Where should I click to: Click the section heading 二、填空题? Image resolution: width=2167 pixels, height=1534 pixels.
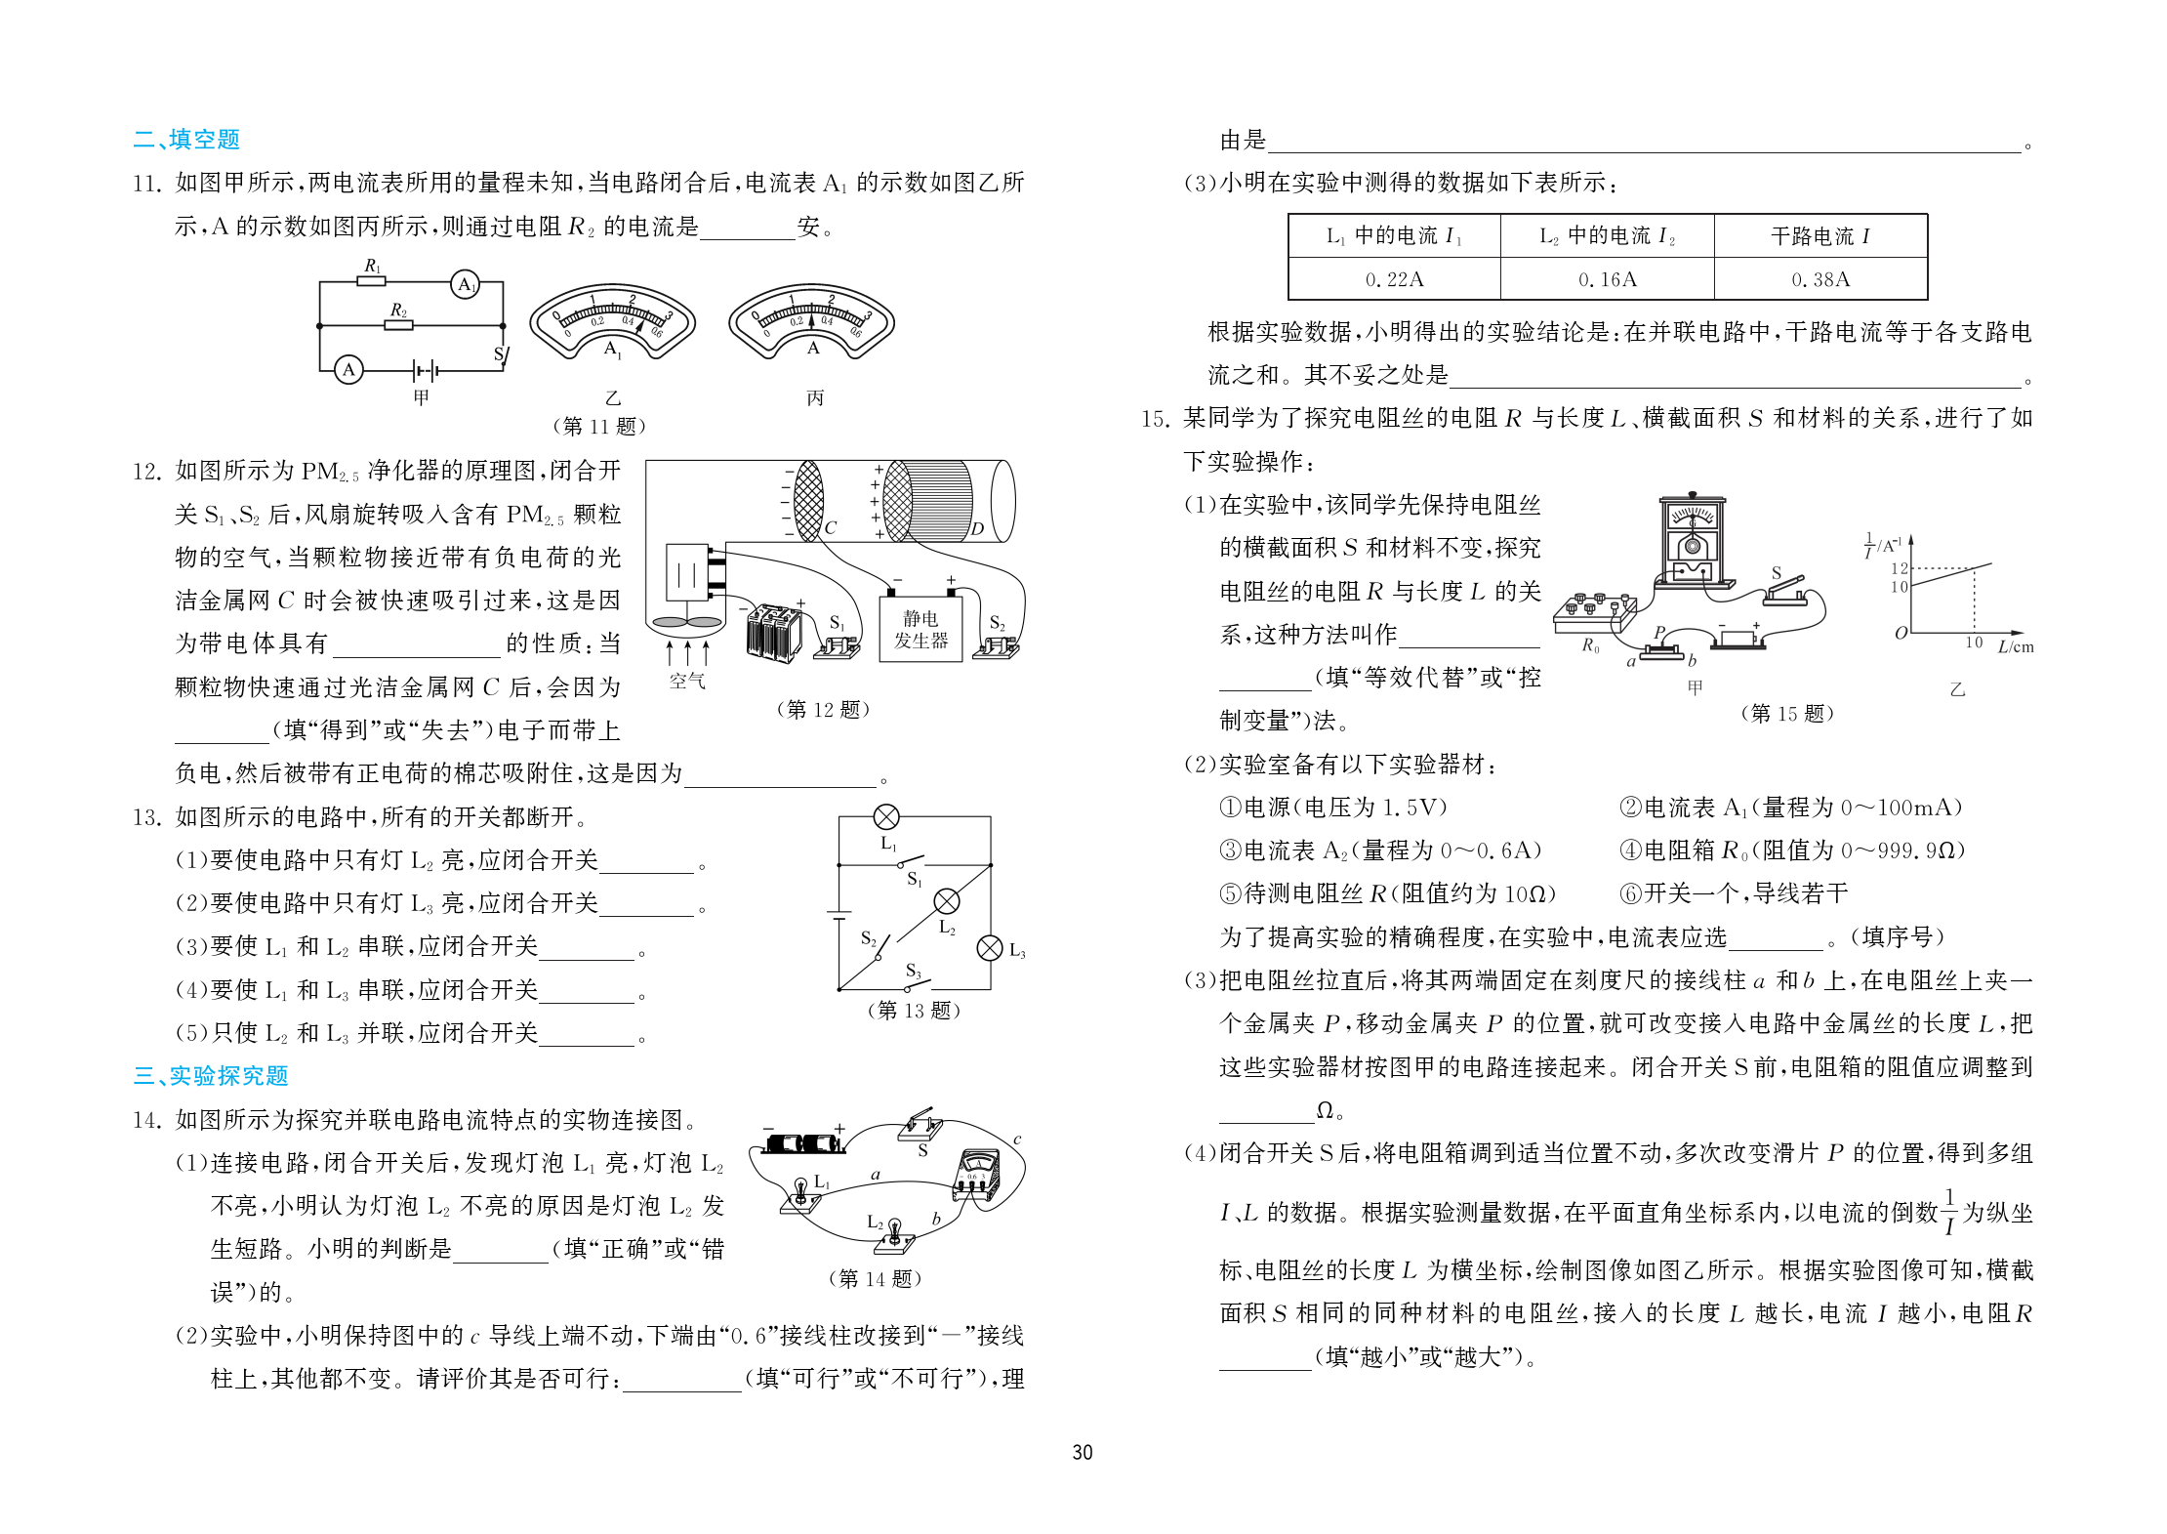186,140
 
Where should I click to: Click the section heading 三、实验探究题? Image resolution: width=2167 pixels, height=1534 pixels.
211,1076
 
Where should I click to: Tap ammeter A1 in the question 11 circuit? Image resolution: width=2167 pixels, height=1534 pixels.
466,284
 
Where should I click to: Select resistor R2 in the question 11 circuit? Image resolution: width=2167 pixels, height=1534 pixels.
398,324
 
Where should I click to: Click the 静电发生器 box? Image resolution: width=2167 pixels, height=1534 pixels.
920,630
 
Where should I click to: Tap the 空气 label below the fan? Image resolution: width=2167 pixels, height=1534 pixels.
687,681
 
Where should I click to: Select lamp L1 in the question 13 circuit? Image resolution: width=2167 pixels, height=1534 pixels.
886,817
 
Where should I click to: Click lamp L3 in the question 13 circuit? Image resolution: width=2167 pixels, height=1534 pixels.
990,948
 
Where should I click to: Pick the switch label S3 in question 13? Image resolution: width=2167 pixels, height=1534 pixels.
914,971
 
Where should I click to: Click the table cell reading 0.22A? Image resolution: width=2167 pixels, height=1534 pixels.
1394,280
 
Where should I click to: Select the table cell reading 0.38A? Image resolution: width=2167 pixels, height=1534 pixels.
1820,280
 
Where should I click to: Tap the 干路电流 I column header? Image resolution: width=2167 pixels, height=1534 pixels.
1820,236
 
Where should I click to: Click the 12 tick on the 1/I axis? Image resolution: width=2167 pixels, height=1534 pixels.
1899,568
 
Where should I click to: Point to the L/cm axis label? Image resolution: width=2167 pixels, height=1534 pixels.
2015,646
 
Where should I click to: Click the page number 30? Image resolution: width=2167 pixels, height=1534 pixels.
1083,1452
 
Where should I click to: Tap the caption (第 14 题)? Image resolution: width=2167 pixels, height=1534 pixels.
875,1278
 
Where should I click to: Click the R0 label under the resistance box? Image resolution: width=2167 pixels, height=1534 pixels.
1590,645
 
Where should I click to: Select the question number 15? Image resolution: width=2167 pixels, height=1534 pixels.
1155,419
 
